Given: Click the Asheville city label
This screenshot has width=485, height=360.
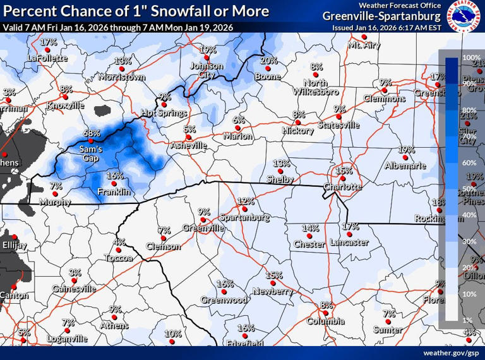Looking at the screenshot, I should pos(188,145).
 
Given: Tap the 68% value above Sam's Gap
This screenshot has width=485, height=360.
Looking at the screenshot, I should pos(92,133).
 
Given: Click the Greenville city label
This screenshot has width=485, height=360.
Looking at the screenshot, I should pos(203,227).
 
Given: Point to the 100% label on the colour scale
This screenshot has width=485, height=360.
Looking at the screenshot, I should pos(471,57).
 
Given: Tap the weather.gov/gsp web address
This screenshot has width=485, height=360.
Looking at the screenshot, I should pos(450,352).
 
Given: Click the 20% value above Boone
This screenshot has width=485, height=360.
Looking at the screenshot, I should pos(269,61).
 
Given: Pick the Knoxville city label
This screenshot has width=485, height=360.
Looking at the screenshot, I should pos(65,106).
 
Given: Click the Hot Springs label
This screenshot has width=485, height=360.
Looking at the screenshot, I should pos(164,114).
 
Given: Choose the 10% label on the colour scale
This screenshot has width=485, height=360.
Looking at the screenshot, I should pos(469,294).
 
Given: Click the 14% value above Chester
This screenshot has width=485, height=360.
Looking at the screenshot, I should pos(310,228).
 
